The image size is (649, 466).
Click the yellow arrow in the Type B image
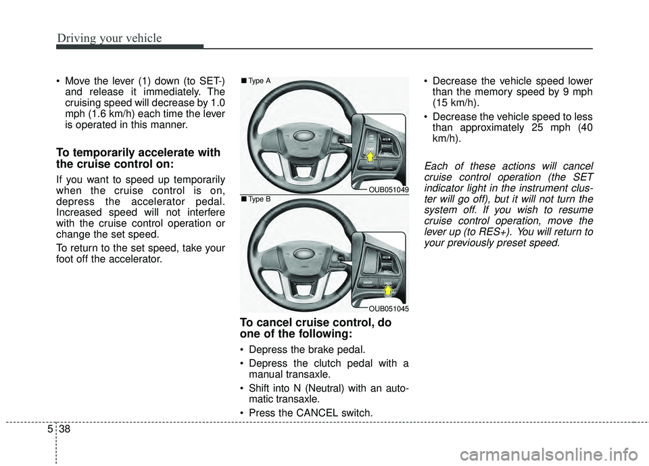coord(388,292)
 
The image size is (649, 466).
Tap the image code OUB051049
coord(387,190)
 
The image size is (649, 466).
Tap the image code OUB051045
coord(387,308)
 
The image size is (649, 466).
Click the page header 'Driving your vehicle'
coord(110,38)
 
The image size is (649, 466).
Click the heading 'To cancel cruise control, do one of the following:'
coord(314,328)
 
